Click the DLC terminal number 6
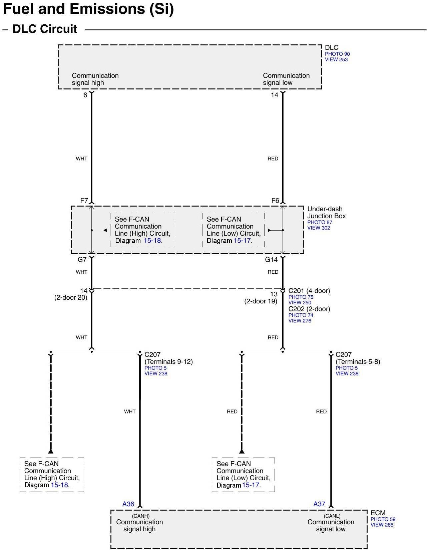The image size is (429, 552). click(85, 95)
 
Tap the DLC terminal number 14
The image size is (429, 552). click(274, 95)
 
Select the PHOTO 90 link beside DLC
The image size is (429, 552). click(337, 54)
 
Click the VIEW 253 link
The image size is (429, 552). click(336, 60)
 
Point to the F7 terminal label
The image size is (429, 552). click(84, 201)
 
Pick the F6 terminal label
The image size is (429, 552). click(275, 201)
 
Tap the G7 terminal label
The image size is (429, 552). click(82, 260)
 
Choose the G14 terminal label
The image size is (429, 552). click(272, 260)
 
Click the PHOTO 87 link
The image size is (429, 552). click(320, 222)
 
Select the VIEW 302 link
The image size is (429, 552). click(319, 228)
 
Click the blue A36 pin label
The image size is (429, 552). click(128, 504)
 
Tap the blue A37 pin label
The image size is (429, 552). click(319, 504)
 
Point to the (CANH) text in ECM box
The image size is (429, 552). click(140, 516)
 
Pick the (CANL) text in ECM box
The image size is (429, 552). click(332, 516)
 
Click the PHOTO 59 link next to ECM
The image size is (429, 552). click(383, 519)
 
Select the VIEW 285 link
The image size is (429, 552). click(382, 525)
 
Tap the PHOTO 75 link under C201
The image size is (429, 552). click(301, 297)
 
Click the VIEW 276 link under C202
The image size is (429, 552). click(300, 321)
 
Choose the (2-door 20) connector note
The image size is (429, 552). click(71, 297)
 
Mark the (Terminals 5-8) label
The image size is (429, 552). click(358, 362)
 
